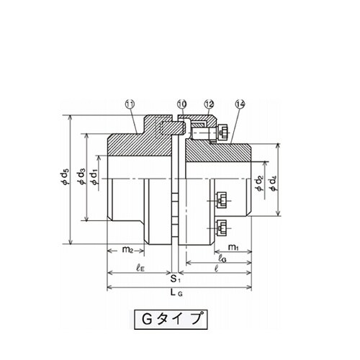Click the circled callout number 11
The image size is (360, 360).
click(x=130, y=104)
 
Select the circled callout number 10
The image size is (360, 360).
click(x=182, y=104)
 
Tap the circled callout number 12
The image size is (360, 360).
click(x=209, y=104)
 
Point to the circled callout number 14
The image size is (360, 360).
click(x=240, y=104)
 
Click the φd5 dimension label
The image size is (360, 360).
click(x=65, y=177)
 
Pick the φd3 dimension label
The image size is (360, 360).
click(x=81, y=177)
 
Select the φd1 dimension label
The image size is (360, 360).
click(x=94, y=177)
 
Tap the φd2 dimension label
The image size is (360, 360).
click(x=259, y=184)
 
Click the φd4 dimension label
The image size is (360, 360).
click(x=273, y=184)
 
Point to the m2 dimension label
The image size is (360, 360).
click(x=127, y=250)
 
